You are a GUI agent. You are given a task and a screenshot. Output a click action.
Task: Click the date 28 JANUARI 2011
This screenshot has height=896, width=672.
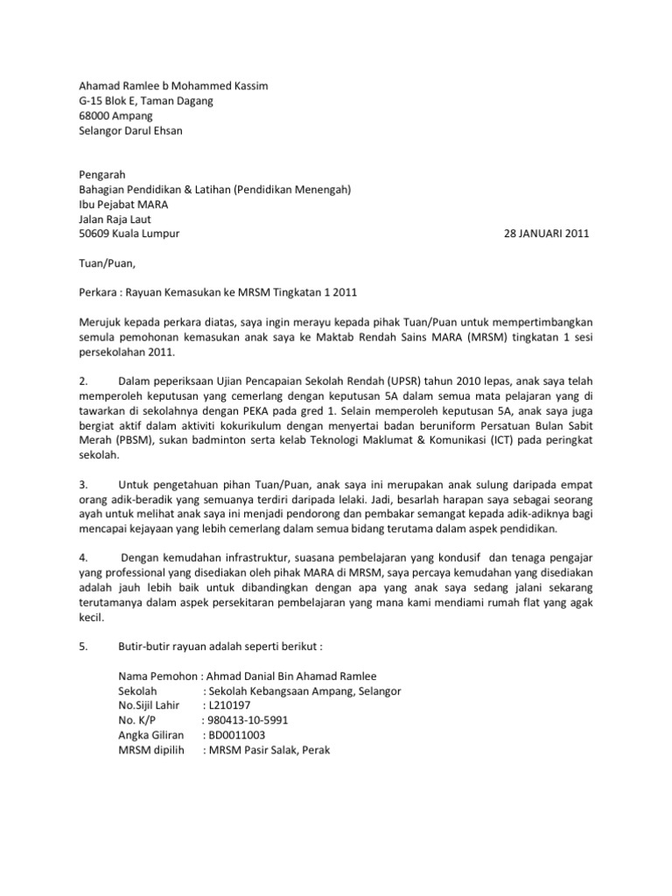coord(547,234)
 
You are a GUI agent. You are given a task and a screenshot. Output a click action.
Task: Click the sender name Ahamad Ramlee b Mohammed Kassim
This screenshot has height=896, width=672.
coord(174,86)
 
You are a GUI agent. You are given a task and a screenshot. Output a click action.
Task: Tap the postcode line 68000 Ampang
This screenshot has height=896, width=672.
coord(115,115)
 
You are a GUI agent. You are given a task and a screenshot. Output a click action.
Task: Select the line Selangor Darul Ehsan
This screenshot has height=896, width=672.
coord(132,130)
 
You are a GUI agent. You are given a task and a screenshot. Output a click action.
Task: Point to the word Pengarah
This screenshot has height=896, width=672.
coord(102,174)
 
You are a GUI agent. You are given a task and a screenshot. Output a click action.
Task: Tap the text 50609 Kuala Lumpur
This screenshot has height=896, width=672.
coord(129,234)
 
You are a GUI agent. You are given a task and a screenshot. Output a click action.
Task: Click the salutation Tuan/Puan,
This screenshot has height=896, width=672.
coord(108,262)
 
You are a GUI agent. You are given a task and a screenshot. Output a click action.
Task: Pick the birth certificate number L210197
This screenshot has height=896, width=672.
coord(228,705)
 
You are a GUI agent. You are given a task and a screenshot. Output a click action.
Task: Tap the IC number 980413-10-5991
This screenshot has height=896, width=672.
coord(244,720)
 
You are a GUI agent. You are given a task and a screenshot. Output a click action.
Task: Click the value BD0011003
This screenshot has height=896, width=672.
coord(234,735)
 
